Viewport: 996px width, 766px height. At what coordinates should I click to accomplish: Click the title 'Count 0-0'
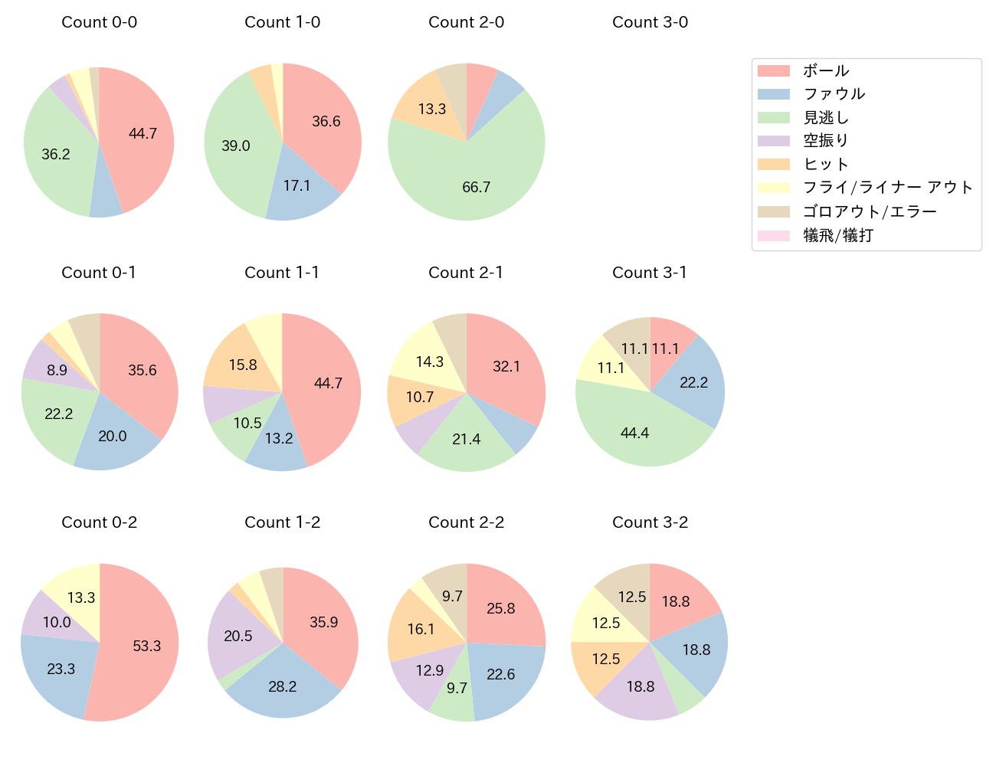[100, 22]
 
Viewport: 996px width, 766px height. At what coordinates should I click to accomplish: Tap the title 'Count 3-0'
[650, 22]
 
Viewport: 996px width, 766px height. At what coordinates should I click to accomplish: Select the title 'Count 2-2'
[466, 522]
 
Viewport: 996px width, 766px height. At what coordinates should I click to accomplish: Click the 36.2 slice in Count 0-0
[57, 153]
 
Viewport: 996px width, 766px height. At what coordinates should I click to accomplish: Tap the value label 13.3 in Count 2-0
[432, 109]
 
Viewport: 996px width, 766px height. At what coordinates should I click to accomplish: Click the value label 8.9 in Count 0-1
[57, 371]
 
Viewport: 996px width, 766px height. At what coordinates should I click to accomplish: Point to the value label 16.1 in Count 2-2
[421, 629]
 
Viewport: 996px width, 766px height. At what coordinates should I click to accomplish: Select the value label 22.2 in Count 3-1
[693, 382]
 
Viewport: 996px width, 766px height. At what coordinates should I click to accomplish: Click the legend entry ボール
[826, 70]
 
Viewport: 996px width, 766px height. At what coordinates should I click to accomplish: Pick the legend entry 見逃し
[826, 117]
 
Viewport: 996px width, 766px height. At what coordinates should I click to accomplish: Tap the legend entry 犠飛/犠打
[837, 235]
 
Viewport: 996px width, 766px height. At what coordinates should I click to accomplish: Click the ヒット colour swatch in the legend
[773, 164]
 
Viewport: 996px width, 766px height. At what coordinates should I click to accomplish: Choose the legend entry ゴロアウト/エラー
[869, 211]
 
